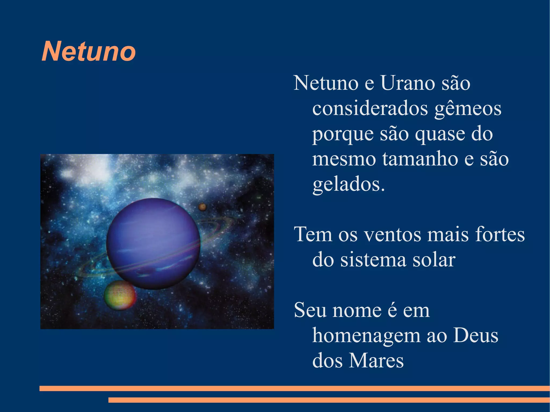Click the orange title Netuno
[x=89, y=51]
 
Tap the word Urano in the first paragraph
[x=407, y=83]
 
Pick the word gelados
[x=348, y=185]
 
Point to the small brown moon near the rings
[x=202, y=207]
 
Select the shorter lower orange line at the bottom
[x=329, y=400]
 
